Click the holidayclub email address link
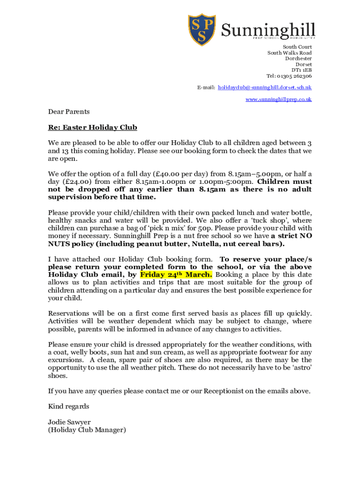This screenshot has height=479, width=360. [x=265, y=87]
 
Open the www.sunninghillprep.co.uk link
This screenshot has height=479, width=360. [x=279, y=99]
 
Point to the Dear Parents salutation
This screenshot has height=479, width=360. [x=69, y=112]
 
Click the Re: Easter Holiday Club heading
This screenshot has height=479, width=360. [x=93, y=127]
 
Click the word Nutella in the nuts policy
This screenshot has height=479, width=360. [x=202, y=244]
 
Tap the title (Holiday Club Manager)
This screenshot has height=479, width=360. [x=87, y=429]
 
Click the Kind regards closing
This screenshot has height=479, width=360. [x=68, y=406]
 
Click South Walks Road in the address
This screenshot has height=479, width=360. [x=289, y=53]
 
